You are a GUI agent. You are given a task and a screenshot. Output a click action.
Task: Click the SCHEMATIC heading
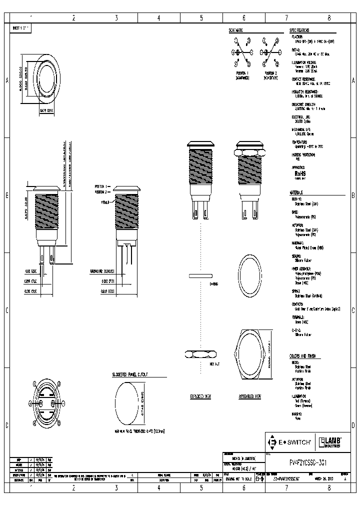pos(236,30)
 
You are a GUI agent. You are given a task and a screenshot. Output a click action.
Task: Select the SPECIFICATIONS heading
pos(299,30)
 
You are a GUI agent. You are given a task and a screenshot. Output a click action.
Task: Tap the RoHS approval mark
pos(300,173)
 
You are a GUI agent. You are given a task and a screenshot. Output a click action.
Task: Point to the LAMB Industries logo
pos(329,441)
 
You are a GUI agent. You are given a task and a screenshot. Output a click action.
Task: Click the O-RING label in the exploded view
pos(214,283)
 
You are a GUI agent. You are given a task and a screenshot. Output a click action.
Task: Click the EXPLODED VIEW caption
pos(200,396)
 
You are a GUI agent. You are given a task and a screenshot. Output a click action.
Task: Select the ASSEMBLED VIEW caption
pos(250,396)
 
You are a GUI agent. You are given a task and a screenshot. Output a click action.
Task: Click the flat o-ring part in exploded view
pos(201,275)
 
